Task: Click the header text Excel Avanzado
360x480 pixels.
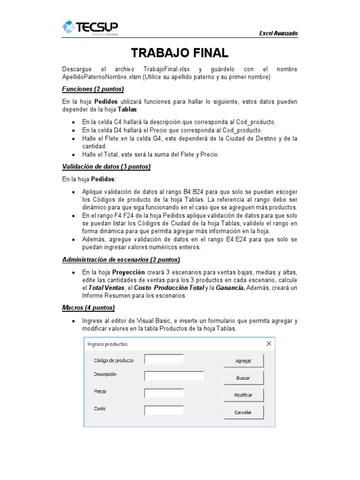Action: pos(278,33)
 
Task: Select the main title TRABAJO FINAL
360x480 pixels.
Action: pos(180,52)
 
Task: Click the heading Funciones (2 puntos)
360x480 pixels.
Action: pos(93,89)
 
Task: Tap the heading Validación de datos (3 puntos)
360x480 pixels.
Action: pos(106,167)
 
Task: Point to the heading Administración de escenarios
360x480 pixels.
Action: pos(121,259)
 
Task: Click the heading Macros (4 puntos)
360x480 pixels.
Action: pos(88,307)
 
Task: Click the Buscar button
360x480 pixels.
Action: pos(243,377)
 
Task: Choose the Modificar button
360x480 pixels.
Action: pos(243,395)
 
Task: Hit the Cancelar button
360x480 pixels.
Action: pos(243,412)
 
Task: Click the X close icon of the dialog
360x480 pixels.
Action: pos(269,344)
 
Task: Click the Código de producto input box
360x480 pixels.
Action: pos(164,360)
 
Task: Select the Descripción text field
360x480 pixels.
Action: pos(173,376)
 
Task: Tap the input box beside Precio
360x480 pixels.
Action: pos(164,393)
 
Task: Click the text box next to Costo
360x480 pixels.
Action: pos(164,411)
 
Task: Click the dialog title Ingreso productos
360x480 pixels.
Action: pos(108,344)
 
